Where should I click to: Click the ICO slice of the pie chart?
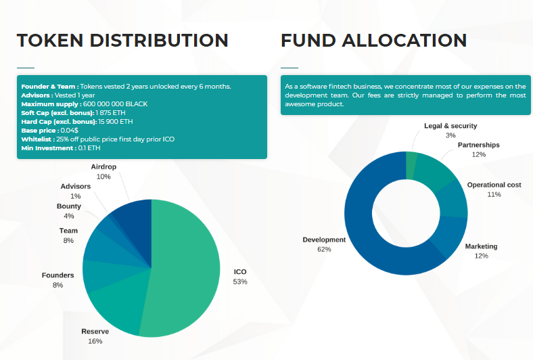click(x=185, y=269)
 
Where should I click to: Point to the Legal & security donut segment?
click(x=411, y=166)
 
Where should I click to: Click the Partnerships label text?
click(x=479, y=145)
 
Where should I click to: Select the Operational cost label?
click(x=494, y=185)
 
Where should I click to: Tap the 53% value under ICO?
click(x=240, y=282)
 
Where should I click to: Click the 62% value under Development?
click(x=324, y=250)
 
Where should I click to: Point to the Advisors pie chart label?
click(x=76, y=186)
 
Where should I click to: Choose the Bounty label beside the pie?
click(x=69, y=206)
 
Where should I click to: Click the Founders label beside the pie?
click(x=57, y=275)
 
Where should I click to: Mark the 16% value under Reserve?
click(x=95, y=341)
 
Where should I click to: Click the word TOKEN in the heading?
click(x=50, y=41)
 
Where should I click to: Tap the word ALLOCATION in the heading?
click(x=404, y=41)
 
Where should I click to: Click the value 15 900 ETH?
click(x=116, y=122)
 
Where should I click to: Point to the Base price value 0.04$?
click(x=70, y=131)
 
